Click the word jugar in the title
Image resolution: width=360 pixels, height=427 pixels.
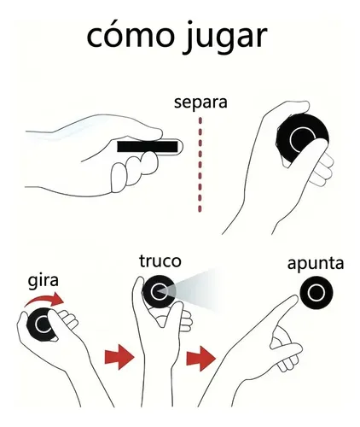(225, 37)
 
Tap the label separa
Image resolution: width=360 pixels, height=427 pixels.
(200, 102)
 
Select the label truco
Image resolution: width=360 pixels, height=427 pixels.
(160, 261)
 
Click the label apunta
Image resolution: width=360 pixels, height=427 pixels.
(316, 265)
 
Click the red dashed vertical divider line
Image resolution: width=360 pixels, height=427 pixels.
(200, 165)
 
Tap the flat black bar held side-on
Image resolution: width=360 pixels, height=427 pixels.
(148, 146)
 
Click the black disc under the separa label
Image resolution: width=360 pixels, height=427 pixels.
(302, 139)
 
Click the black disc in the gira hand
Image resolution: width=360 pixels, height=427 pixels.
(40, 324)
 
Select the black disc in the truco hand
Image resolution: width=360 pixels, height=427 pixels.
(159, 291)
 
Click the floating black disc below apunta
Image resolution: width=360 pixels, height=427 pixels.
(316, 292)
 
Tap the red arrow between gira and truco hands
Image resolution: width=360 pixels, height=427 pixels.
(119, 357)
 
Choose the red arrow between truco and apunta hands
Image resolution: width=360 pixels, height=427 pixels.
(201, 359)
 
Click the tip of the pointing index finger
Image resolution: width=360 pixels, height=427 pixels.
(295, 298)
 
